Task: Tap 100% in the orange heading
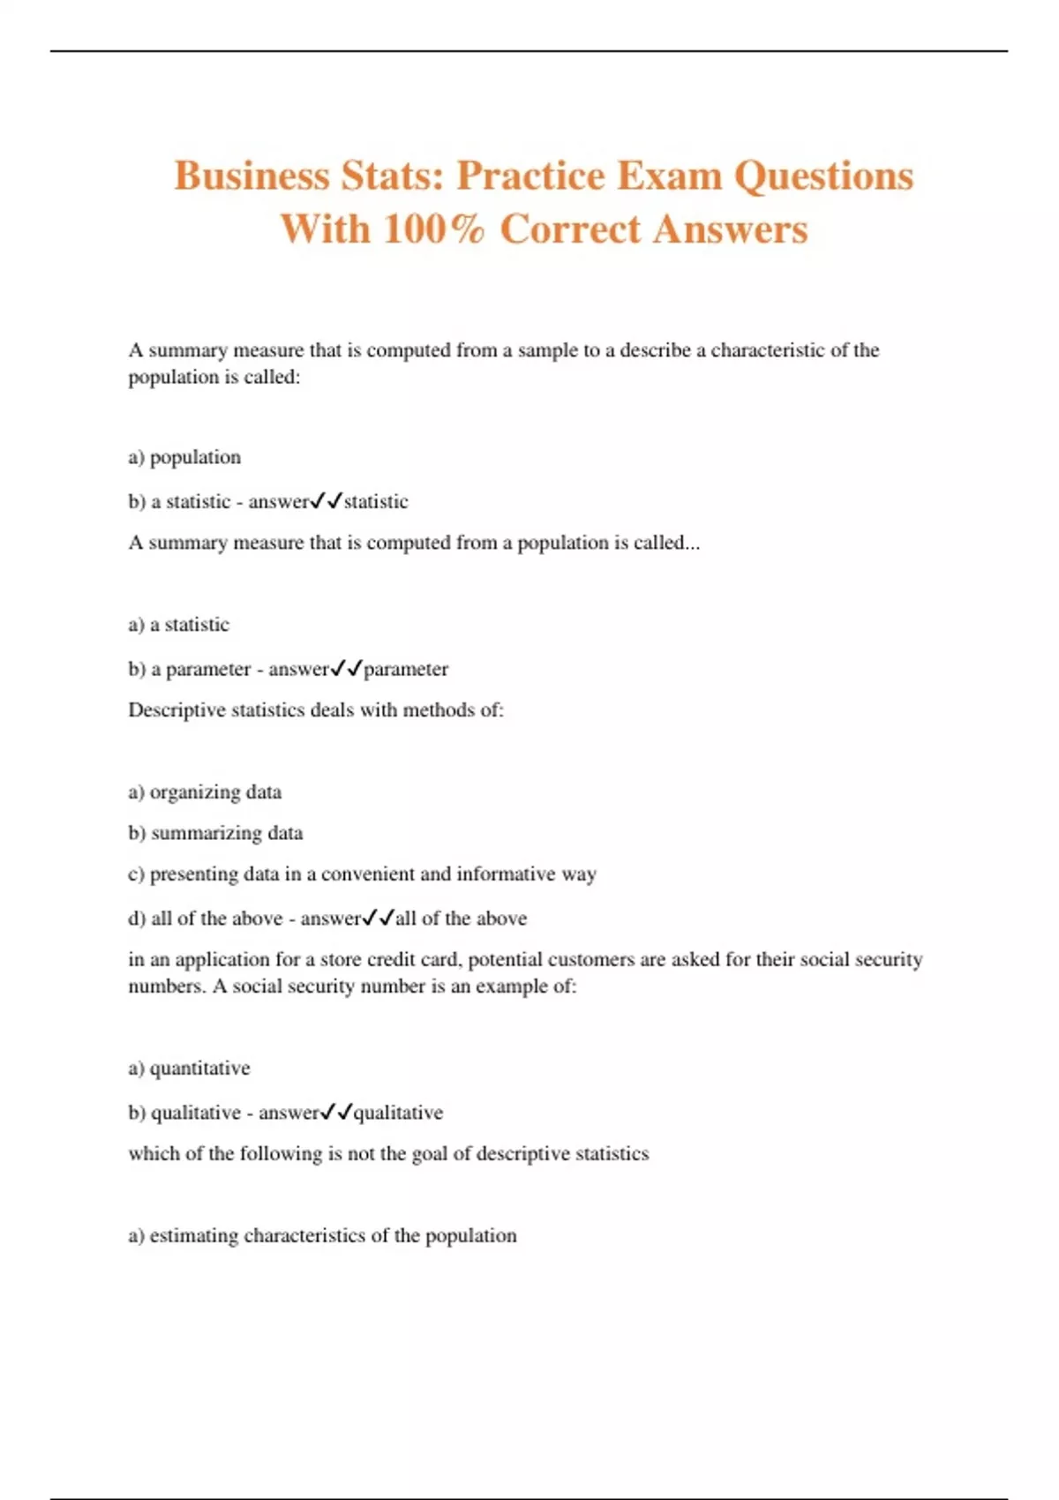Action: point(433,229)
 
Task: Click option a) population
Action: point(184,457)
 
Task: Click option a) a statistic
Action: point(178,625)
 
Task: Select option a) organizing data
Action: point(205,792)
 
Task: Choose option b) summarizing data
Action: point(215,833)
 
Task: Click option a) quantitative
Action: point(189,1069)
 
